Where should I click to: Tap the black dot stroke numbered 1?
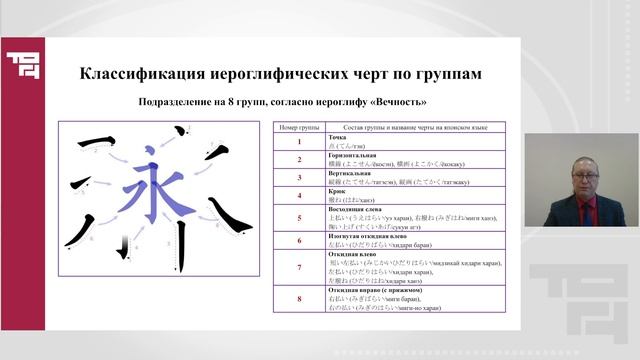pyautogui.click(x=181, y=131)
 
